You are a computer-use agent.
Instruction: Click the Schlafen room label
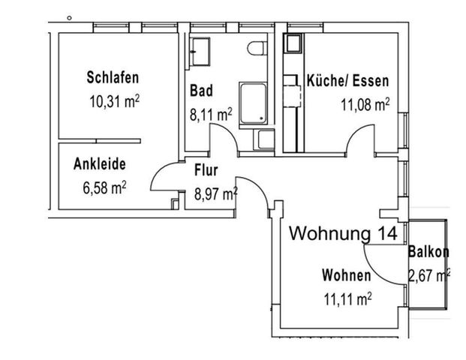pyautogui.click(x=113, y=77)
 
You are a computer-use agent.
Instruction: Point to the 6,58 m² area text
pyautogui.click(x=103, y=187)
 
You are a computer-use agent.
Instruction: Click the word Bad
pyautogui.click(x=200, y=91)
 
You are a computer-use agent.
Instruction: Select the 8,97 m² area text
pyautogui.click(x=215, y=193)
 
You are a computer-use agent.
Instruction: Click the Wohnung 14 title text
pyautogui.click(x=343, y=233)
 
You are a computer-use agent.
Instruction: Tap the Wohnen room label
pyautogui.click(x=346, y=275)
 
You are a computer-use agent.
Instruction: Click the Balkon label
pyautogui.click(x=428, y=252)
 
